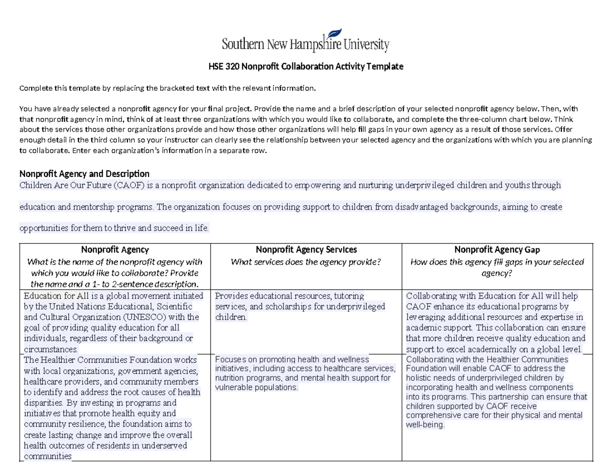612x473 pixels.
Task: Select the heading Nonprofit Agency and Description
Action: pyautogui.click(x=84, y=173)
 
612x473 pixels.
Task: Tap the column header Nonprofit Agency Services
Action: pyautogui.click(x=306, y=250)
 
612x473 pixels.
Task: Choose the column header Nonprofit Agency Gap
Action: pyautogui.click(x=497, y=250)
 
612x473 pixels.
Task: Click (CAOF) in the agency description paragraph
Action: pyautogui.click(x=129, y=185)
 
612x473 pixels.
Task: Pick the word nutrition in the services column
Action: pyautogui.click(x=229, y=378)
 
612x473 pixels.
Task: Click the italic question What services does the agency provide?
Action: pyautogui.click(x=306, y=262)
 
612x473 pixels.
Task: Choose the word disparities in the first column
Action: pyautogui.click(x=41, y=402)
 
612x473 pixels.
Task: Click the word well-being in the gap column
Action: pyautogui.click(x=424, y=425)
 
